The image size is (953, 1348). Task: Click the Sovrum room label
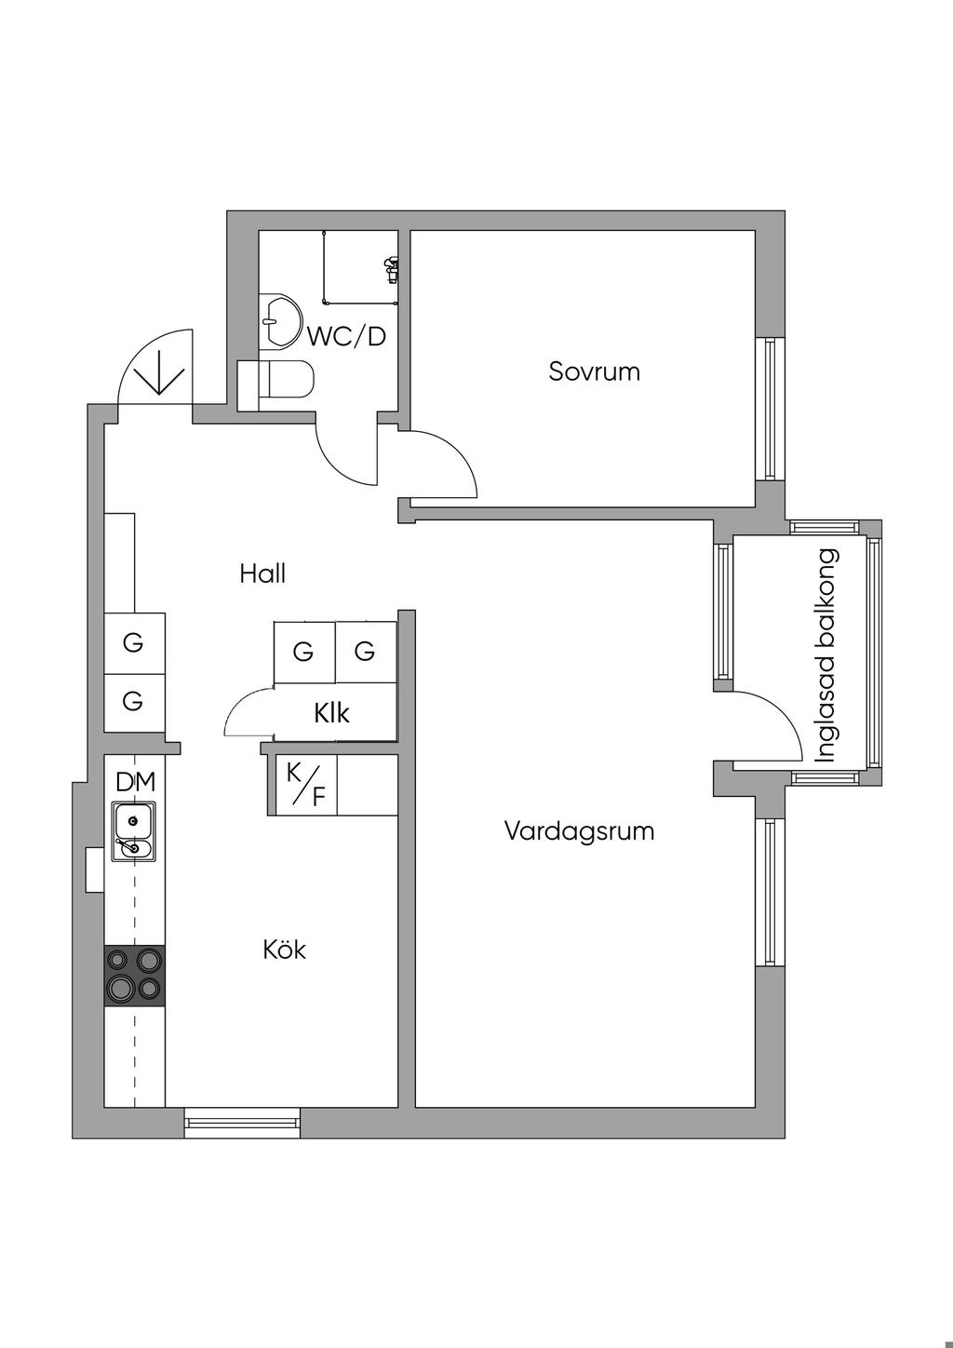point(594,371)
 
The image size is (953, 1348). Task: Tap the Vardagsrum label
point(579,832)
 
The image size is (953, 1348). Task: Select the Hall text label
point(262,573)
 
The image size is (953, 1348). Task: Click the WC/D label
point(346,337)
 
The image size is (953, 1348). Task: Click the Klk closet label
point(331,713)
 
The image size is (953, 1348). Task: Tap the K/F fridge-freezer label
point(305,785)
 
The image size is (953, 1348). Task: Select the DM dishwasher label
point(135,782)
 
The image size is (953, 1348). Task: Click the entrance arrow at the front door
point(158,379)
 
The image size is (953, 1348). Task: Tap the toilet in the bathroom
point(275,381)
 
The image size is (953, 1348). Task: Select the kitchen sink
point(134,831)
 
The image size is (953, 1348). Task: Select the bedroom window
point(770,410)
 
